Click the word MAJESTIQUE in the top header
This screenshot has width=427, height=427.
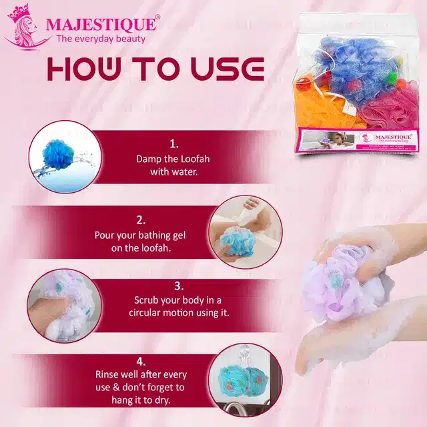pos(102,25)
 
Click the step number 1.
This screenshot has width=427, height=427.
pos(174,143)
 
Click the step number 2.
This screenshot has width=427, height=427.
pos(141,220)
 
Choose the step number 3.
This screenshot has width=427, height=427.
pos(179,285)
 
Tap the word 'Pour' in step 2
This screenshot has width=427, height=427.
pos(105,235)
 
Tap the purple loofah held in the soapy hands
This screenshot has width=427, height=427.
pos(337,287)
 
